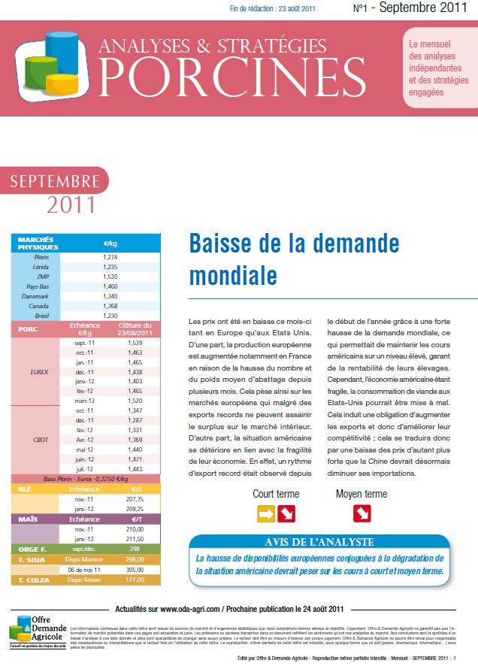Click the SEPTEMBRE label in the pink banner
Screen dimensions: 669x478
pyautogui.click(x=56, y=181)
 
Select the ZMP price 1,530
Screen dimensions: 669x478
pyautogui.click(x=110, y=277)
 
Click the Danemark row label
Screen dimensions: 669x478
pyautogui.click(x=38, y=296)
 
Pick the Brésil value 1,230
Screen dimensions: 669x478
pyautogui.click(x=110, y=316)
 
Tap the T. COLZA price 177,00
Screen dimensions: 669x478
pyautogui.click(x=135, y=580)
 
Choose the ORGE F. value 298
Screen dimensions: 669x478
pyautogui.click(x=135, y=549)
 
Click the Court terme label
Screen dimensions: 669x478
pyautogui.click(x=276, y=494)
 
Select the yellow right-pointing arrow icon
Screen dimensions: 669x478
pyautogui.click(x=266, y=513)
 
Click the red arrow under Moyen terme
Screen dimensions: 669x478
pyautogui.click(x=362, y=513)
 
